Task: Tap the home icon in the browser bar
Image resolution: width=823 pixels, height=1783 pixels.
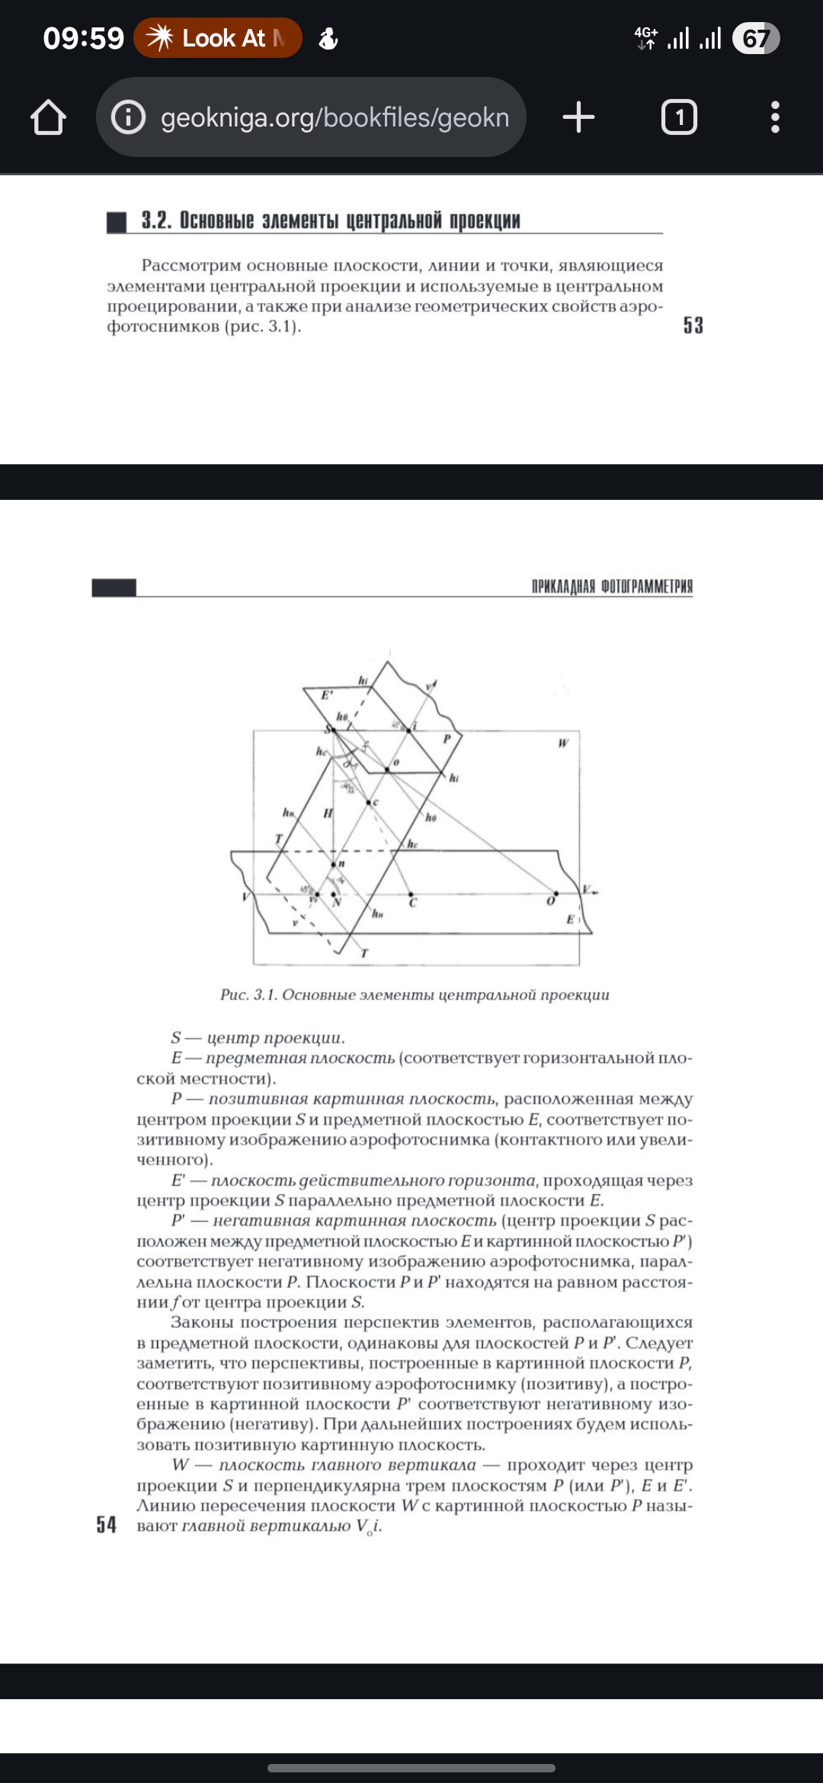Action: pos(48,117)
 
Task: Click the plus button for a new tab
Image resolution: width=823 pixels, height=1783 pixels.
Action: pos(578,117)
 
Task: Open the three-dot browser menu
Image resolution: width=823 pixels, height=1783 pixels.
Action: pos(775,117)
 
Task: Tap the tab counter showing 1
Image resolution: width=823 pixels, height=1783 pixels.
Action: pos(679,117)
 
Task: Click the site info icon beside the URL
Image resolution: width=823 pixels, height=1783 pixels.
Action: pos(129,117)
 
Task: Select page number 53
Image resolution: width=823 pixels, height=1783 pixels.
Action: pos(693,325)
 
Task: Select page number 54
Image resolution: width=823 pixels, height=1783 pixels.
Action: pos(106,1524)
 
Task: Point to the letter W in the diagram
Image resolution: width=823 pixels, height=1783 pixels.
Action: pos(563,743)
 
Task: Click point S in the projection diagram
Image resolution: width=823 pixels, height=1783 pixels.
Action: pos(330,730)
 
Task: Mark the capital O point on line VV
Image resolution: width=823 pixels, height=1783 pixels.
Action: pos(556,894)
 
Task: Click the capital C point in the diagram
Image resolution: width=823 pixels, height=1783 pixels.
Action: pos(411,895)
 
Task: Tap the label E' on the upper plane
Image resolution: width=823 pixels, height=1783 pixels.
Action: pos(326,695)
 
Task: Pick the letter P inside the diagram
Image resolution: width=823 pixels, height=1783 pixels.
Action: pos(447,738)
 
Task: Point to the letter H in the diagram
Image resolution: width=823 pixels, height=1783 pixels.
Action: pos(328,813)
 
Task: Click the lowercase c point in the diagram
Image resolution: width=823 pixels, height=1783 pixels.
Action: pos(369,802)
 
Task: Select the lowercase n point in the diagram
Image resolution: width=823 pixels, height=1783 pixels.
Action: pos(333,864)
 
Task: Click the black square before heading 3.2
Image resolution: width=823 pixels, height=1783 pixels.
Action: pos(117,222)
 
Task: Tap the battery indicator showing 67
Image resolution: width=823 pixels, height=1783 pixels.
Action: pos(755,38)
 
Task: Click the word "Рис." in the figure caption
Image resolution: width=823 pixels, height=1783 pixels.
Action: pos(234,994)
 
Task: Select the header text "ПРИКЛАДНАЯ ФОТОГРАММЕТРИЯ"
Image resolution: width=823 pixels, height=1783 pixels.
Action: pos(612,586)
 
